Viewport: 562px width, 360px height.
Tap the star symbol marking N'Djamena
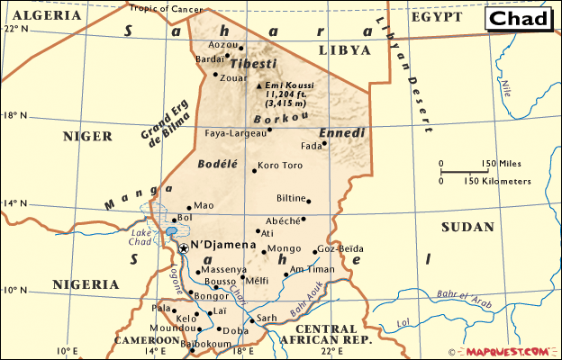coord(183,247)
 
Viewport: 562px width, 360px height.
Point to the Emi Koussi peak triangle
coord(260,86)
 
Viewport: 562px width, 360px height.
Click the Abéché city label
coord(281,220)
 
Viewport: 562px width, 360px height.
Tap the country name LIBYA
coord(344,49)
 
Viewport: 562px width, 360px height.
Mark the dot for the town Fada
coord(323,144)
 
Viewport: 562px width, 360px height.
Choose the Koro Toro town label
coord(280,166)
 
